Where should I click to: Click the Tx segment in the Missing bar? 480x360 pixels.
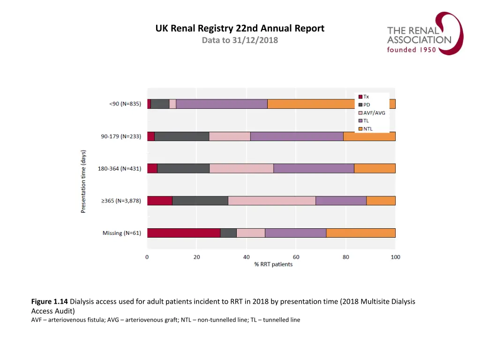pos(184,233)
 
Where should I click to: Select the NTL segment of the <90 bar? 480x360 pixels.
pos(309,104)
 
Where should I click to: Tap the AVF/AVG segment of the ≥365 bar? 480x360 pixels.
pos(271,201)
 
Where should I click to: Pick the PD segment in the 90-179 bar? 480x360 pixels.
pos(181,136)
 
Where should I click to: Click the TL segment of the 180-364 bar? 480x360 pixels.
pos(314,168)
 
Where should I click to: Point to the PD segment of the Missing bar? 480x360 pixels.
pos(228,233)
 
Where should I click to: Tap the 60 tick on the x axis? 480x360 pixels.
pos(296,257)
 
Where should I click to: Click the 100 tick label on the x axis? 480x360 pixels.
pos(395,257)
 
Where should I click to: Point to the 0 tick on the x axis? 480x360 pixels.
pos(147,257)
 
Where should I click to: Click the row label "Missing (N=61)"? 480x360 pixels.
pos(122,233)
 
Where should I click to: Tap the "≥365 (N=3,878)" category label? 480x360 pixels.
pos(121,201)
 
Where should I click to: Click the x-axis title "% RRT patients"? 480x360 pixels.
pos(273,264)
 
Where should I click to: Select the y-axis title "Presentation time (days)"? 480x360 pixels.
pos(83,181)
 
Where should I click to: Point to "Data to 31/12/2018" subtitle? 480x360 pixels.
pos(240,40)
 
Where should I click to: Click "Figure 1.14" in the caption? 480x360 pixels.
pos(50,302)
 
